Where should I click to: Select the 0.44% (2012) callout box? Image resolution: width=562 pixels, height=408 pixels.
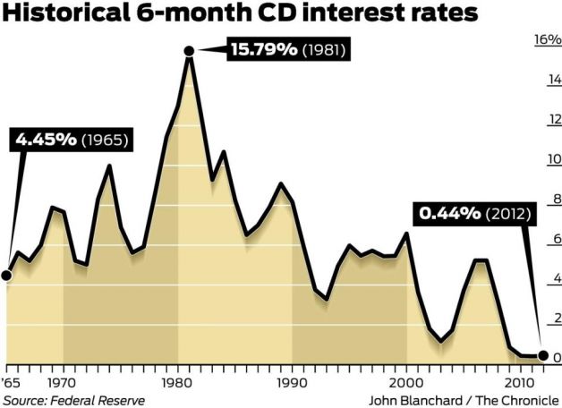point(473,214)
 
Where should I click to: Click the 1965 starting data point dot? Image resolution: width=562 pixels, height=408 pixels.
point(6,275)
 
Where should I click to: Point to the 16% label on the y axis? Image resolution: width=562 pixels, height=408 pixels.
point(546,40)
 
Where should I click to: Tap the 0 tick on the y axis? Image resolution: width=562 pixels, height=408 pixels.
point(556,358)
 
